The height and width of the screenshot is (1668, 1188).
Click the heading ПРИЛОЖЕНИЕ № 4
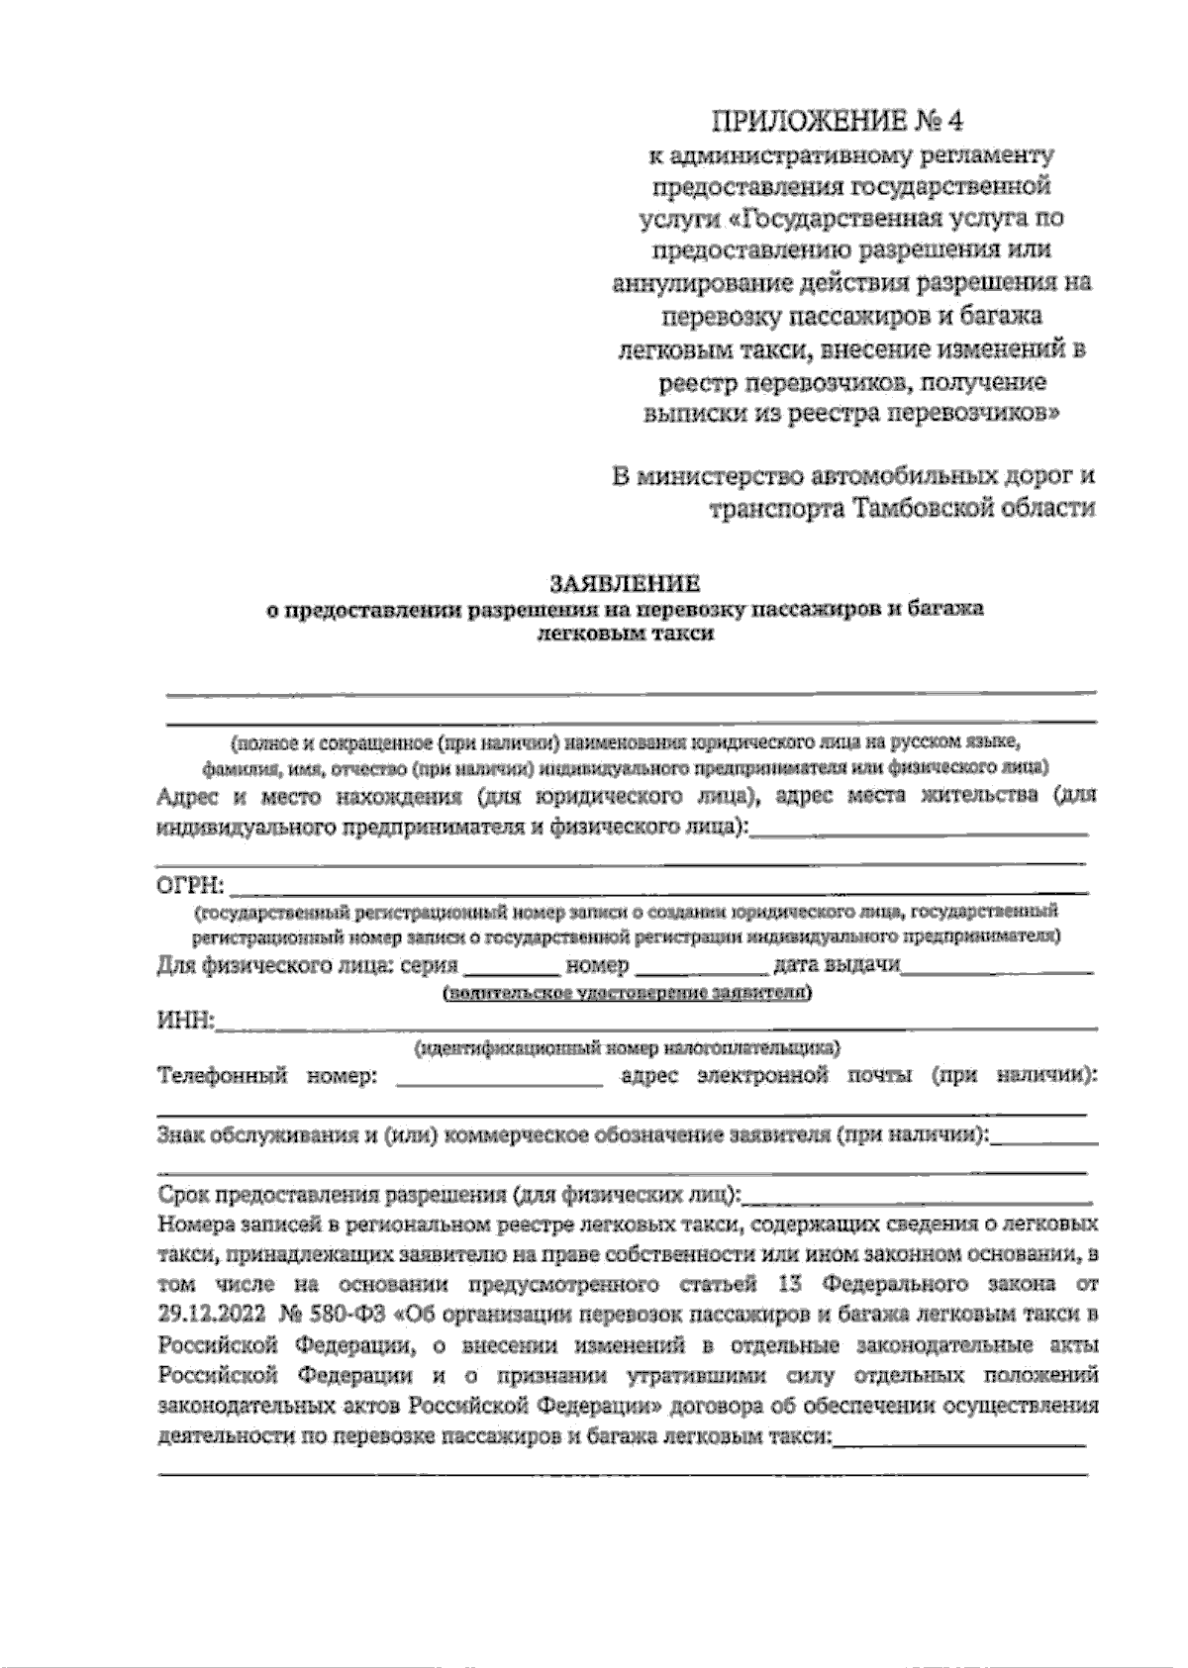(x=836, y=121)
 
